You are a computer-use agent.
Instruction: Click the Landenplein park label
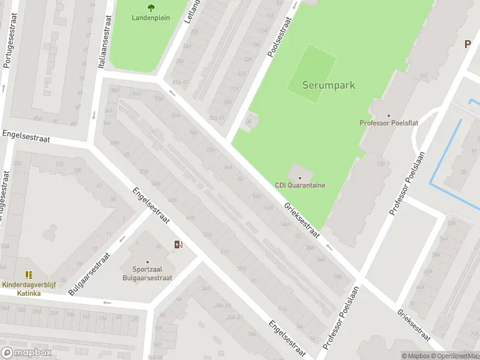(x=151, y=17)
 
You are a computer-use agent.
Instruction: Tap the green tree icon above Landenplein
(x=151, y=7)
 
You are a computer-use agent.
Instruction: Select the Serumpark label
(x=328, y=85)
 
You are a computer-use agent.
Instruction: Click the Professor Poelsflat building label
(x=389, y=123)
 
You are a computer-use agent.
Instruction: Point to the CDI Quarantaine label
(x=300, y=185)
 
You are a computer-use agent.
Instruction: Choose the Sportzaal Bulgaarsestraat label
(x=148, y=274)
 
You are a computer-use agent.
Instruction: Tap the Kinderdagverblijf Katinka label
(x=29, y=289)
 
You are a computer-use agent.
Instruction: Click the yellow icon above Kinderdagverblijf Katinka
(x=29, y=275)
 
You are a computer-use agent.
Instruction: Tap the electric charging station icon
(x=178, y=244)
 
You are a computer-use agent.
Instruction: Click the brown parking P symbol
(x=467, y=44)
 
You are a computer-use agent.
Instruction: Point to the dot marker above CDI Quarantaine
(x=300, y=178)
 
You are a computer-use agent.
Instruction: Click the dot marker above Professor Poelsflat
(x=389, y=115)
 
